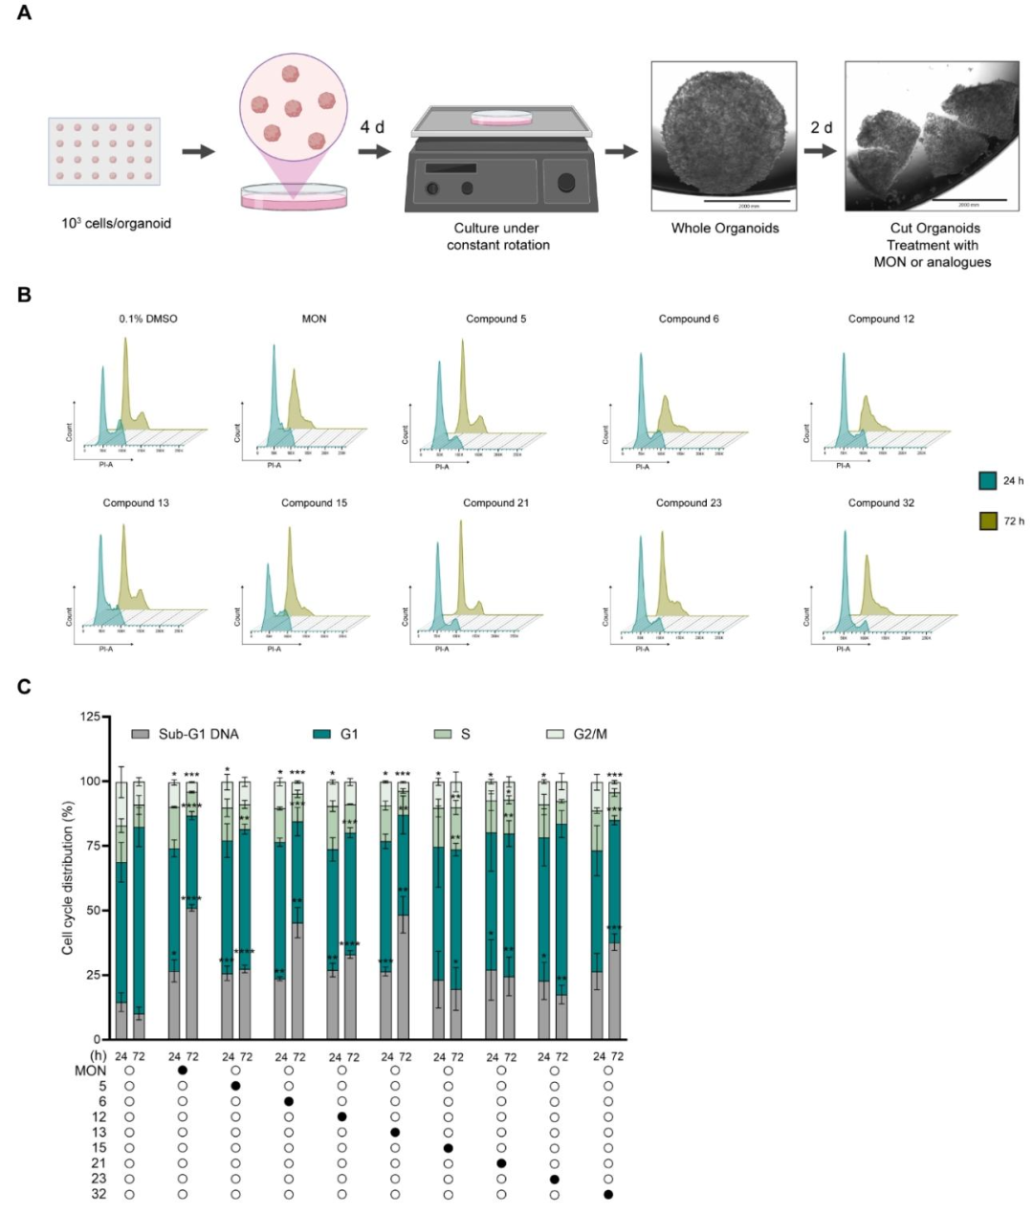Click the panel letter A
coord(24,14)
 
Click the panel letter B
coord(24,295)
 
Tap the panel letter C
coord(24,686)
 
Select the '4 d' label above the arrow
coord(372,127)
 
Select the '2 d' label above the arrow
coord(821,127)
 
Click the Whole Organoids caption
coord(724,229)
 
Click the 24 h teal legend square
coord(988,480)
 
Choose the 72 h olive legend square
coord(988,521)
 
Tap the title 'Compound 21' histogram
coord(495,503)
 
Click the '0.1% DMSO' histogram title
coord(148,319)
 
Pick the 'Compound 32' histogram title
coord(881,503)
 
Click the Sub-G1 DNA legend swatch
coord(141,735)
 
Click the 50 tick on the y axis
coord(94,910)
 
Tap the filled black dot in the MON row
coord(182,1071)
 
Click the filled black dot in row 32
coord(608,1194)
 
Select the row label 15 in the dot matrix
coord(99,1148)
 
